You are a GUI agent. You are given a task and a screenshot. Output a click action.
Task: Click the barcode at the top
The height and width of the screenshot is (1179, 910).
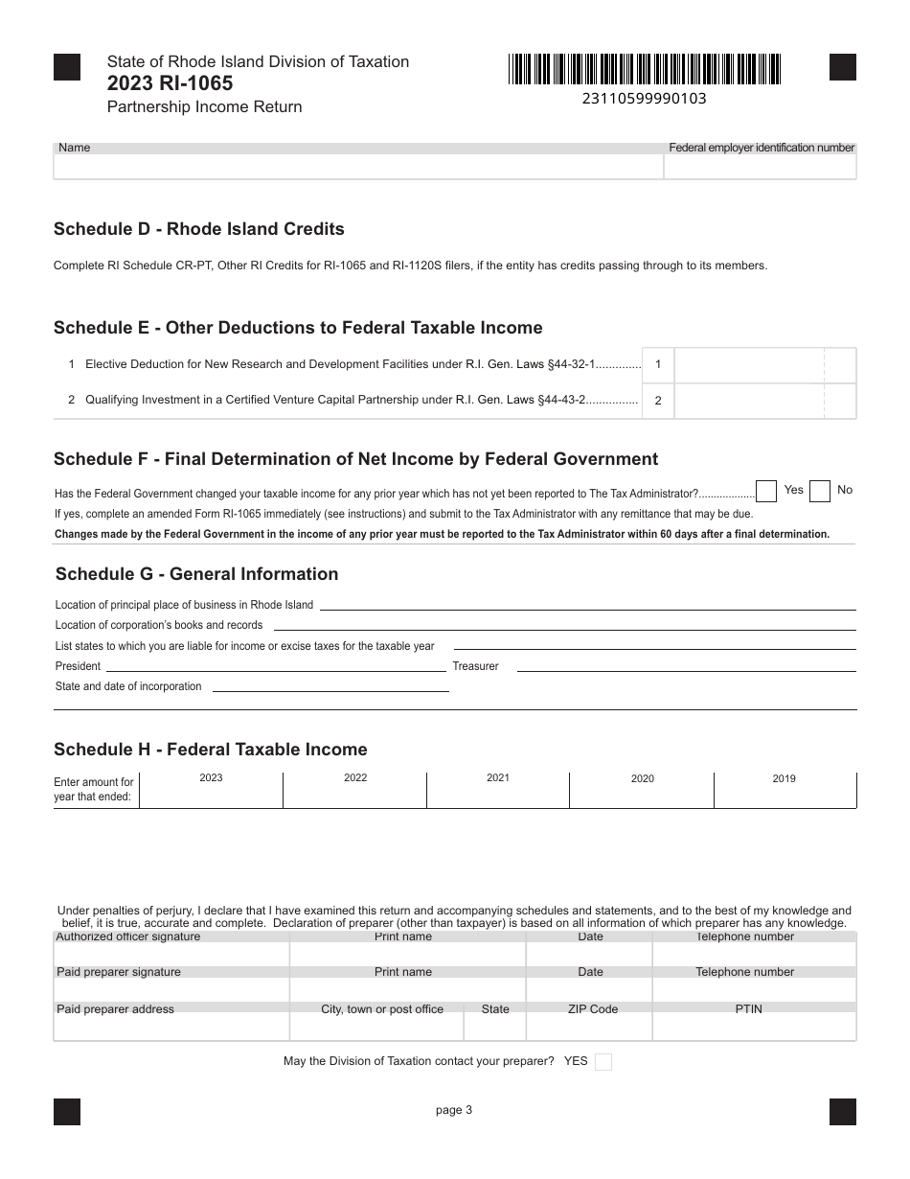[x=645, y=70]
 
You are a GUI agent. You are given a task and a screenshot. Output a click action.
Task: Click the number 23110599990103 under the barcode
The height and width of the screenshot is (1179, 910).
[x=644, y=98]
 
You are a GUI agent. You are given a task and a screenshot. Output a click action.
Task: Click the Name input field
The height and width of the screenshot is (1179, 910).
[x=358, y=167]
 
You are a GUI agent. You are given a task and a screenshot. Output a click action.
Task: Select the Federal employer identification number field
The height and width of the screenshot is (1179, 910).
[x=761, y=167]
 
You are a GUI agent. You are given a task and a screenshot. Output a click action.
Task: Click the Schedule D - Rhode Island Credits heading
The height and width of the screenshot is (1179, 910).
[x=199, y=229]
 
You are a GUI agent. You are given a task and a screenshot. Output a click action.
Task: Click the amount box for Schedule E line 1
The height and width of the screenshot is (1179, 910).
[x=748, y=365]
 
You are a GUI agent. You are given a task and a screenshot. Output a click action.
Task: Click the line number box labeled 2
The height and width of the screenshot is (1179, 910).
[x=658, y=401]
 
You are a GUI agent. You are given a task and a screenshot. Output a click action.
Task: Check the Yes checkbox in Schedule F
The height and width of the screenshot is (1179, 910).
[x=766, y=492]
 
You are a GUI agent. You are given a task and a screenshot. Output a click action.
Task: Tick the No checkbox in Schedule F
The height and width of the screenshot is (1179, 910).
[x=819, y=492]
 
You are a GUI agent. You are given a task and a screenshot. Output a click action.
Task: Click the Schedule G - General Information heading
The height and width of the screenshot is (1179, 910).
[x=196, y=574]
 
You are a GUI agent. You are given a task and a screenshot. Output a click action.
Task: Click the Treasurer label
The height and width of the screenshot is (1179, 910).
[x=475, y=666]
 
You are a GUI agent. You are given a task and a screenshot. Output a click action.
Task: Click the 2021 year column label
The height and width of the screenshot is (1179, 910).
[x=498, y=778]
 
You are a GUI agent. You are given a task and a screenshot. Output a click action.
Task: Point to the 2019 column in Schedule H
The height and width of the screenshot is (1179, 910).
[x=785, y=790]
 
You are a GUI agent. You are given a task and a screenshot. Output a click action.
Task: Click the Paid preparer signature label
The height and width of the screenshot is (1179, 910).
[x=119, y=972]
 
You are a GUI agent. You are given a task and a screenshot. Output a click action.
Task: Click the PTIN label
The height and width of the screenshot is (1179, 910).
[x=749, y=1009]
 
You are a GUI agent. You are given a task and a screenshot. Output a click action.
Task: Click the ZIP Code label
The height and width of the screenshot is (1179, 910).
[x=591, y=1009]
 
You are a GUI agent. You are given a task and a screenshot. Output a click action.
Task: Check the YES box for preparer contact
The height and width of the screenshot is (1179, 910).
[x=603, y=1062]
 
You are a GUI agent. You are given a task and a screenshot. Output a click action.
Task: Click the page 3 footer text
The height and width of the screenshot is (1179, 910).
[x=454, y=1111]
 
